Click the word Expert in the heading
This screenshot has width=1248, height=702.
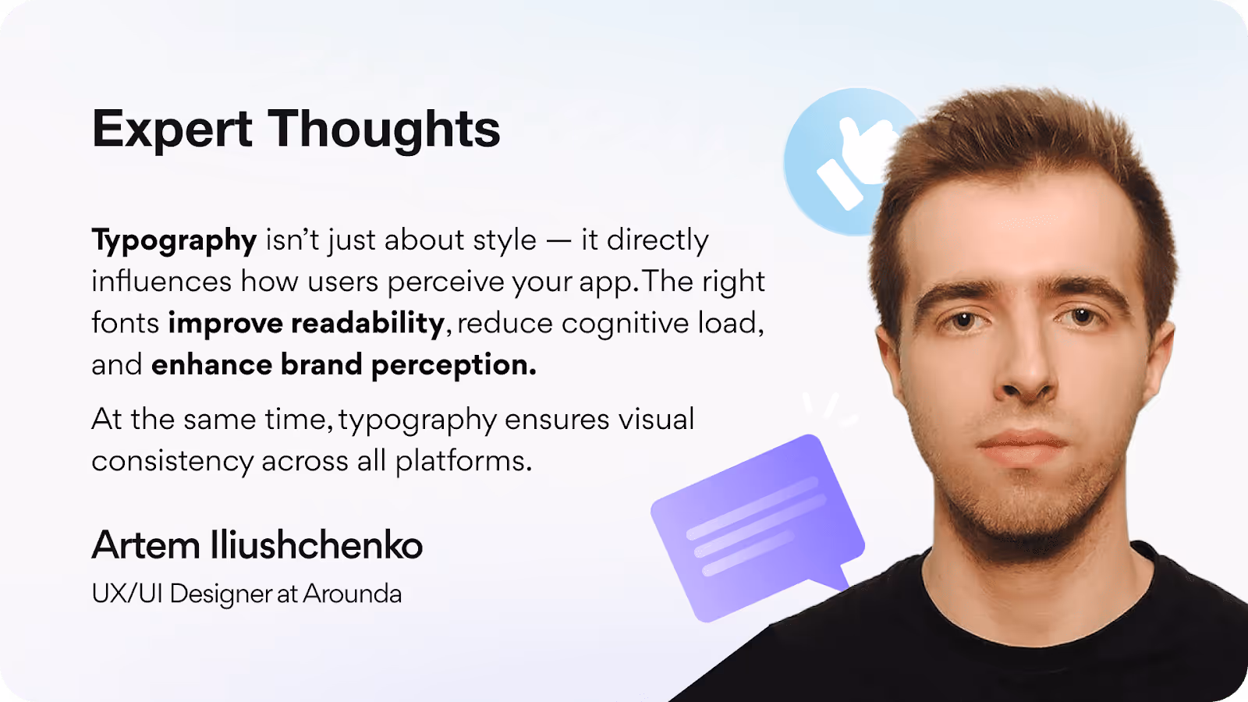pyautogui.click(x=172, y=129)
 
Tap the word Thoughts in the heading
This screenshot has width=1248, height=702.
pyautogui.click(x=385, y=129)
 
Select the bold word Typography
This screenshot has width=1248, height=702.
pyautogui.click(x=174, y=241)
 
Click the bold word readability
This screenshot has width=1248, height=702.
pyautogui.click(x=367, y=323)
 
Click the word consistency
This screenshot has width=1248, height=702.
pyautogui.click(x=172, y=462)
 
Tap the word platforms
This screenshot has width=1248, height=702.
pyautogui.click(x=463, y=462)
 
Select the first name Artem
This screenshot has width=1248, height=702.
pyautogui.click(x=146, y=545)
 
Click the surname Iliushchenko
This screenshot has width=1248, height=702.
pyautogui.click(x=317, y=545)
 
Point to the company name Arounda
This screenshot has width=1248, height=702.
pyautogui.click(x=353, y=594)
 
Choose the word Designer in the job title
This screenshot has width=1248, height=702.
pyautogui.click(x=221, y=594)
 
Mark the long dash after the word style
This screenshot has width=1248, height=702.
pyautogui.click(x=558, y=241)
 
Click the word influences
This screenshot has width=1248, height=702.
pyautogui.click(x=161, y=282)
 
